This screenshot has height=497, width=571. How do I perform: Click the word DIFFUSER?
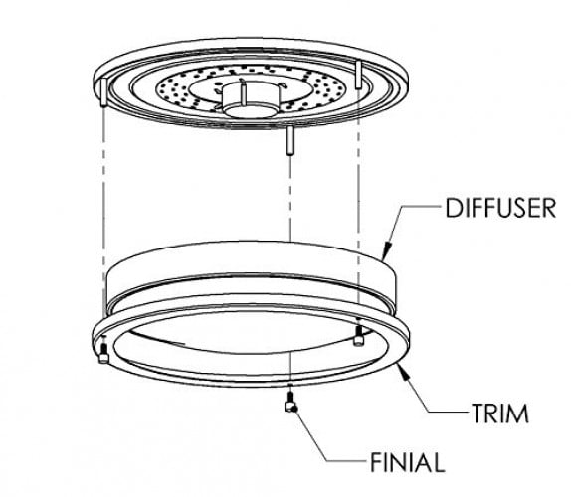point(500,208)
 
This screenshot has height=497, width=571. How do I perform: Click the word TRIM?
point(500,414)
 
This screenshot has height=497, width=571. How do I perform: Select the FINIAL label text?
point(408,462)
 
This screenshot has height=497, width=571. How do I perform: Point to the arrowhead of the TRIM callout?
point(404,371)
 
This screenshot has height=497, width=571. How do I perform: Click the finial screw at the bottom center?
point(290,403)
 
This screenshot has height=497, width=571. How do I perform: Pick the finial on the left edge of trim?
point(103,353)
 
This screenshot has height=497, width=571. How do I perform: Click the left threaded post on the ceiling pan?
point(103,92)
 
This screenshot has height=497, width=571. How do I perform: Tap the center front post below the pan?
point(290,140)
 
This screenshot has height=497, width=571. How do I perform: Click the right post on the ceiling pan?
point(359,75)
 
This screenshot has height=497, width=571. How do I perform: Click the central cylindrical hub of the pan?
point(252,99)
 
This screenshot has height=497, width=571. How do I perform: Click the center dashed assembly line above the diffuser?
point(290,198)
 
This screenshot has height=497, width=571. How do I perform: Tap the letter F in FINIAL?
point(376,462)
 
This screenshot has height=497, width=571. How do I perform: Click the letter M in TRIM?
point(518,414)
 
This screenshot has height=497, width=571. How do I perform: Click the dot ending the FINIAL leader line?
point(294,410)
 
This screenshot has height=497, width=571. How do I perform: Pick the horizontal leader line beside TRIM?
point(448,412)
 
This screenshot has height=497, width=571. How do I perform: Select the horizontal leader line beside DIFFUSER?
point(422,206)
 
